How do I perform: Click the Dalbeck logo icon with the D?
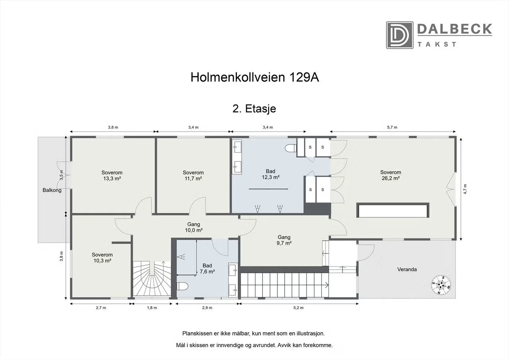399,35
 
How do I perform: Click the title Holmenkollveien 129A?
254,77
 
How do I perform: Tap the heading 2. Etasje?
254,109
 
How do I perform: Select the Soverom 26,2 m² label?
390,175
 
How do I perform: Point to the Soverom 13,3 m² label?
112,175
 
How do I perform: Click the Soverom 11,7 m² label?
193,175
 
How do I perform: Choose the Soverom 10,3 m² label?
102,258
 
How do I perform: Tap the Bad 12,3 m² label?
270,174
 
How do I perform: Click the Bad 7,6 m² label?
207,269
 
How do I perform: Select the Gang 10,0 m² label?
194,227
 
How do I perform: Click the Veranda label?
407,269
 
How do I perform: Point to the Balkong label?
52,190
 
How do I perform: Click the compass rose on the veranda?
441,284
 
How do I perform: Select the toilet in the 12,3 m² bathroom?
291,148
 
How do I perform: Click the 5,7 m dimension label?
392,127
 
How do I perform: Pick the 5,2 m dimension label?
299,308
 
